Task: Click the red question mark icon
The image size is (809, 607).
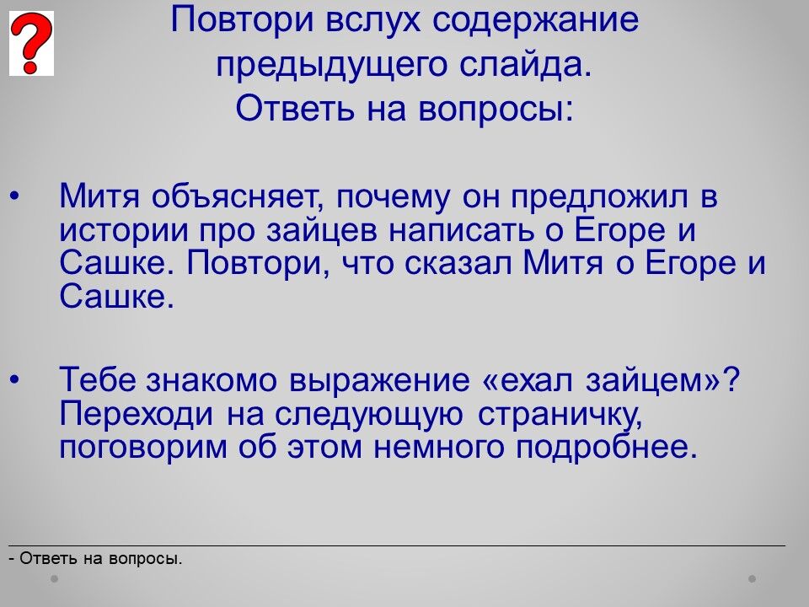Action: (x=31, y=43)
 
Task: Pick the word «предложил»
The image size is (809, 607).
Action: (x=599, y=197)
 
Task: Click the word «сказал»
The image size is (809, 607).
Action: (x=458, y=263)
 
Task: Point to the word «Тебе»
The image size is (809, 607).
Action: (x=98, y=379)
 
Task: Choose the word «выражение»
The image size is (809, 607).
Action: (x=379, y=380)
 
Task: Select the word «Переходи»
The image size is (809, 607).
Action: (x=137, y=414)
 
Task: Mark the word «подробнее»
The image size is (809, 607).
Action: (x=607, y=448)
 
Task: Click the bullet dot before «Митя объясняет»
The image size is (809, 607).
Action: (x=14, y=196)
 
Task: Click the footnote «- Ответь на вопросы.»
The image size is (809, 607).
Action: (x=95, y=558)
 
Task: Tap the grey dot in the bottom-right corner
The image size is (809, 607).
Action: (x=753, y=578)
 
